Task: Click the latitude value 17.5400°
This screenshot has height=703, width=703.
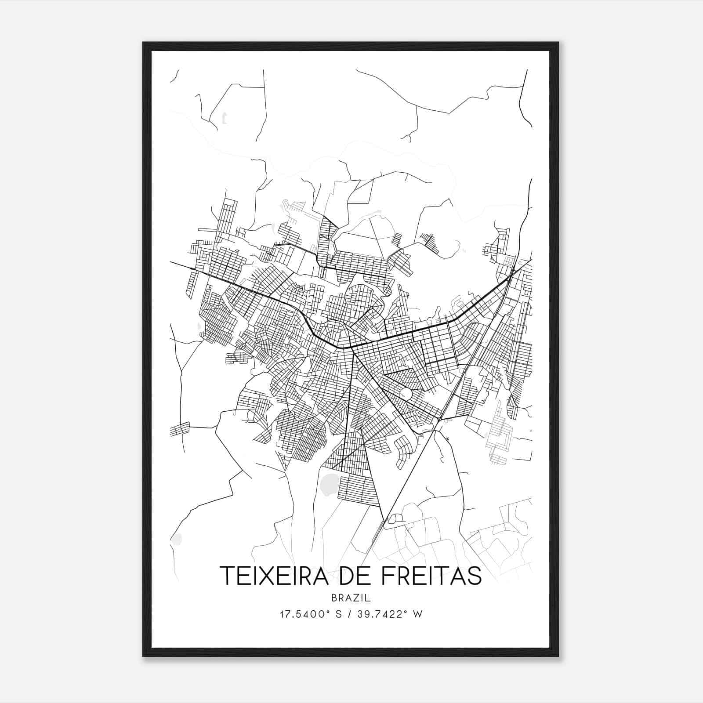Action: [304, 614]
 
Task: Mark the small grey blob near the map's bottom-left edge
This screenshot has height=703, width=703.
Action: [177, 538]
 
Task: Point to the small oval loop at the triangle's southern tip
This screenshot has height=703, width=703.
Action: [395, 520]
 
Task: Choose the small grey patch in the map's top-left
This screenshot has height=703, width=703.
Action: [224, 117]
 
